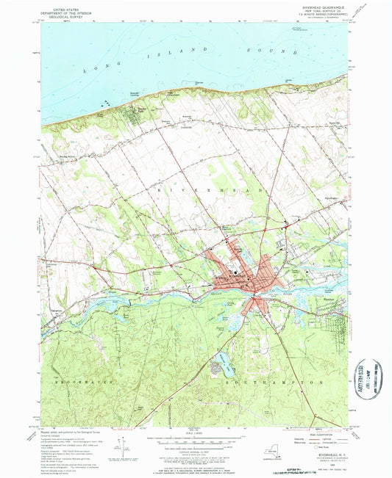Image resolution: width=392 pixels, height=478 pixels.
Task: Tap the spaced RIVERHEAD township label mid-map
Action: coord(202,189)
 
